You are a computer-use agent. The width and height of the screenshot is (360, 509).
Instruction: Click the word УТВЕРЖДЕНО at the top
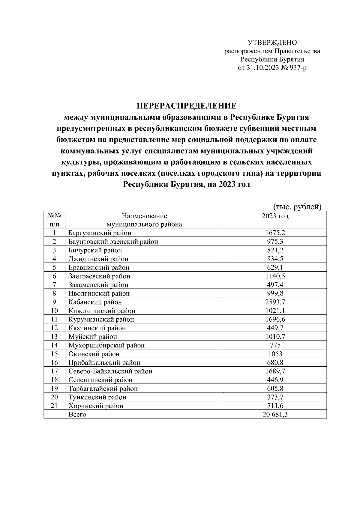pyautogui.click(x=272, y=43)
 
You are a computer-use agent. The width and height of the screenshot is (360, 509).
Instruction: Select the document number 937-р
pyautogui.click(x=297, y=68)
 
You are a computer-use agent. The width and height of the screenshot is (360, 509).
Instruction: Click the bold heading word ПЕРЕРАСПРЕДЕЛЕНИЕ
pyautogui.click(x=187, y=106)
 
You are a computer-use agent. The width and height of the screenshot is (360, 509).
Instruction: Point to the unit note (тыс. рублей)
pyautogui.click(x=297, y=207)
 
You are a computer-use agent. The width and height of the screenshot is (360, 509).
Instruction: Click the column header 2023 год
pyautogui.click(x=275, y=216)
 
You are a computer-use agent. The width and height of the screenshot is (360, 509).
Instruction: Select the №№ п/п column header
pyautogui.click(x=54, y=220)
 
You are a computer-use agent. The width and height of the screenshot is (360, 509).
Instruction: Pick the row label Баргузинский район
pyautogui.click(x=100, y=233)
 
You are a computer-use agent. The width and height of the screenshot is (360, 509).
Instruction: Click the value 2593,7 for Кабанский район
pyautogui.click(x=275, y=302)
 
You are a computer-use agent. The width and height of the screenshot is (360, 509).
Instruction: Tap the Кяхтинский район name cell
pyautogui.click(x=97, y=328)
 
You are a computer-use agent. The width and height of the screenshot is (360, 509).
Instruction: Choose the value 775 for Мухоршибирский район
pyautogui.click(x=275, y=345)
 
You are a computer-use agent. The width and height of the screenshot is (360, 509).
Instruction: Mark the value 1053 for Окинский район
pyautogui.click(x=275, y=354)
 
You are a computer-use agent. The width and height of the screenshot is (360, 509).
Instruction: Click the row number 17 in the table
pyautogui.click(x=54, y=371)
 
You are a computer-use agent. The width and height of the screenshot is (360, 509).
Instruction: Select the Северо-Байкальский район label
pyautogui.click(x=110, y=371)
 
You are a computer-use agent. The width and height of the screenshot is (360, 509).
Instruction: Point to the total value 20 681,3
pyautogui.click(x=275, y=415)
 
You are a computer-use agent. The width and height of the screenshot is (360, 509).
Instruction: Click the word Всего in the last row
pyautogui.click(x=77, y=415)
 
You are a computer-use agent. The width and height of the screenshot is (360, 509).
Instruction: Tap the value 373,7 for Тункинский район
pyautogui.click(x=275, y=397)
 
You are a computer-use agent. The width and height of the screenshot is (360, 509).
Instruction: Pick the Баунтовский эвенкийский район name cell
pyautogui.click(x=113, y=242)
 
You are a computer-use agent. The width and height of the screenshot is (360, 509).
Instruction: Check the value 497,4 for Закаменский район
pyautogui.click(x=275, y=285)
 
